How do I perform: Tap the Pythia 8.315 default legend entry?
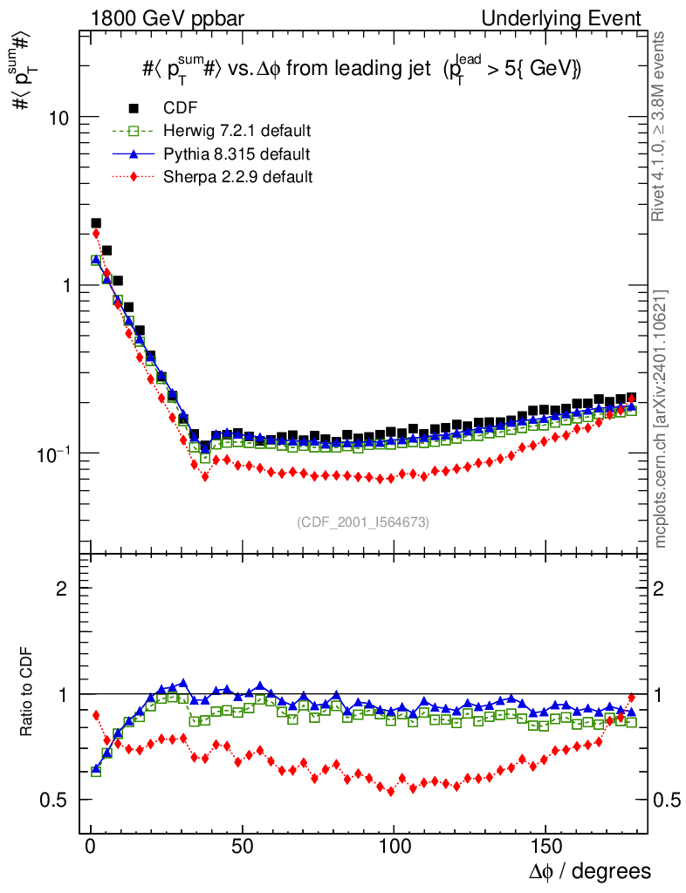tap(237, 154)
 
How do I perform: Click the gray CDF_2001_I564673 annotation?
tap(363, 522)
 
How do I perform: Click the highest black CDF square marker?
tap(96, 224)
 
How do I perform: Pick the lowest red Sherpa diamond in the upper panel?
tap(205, 476)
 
